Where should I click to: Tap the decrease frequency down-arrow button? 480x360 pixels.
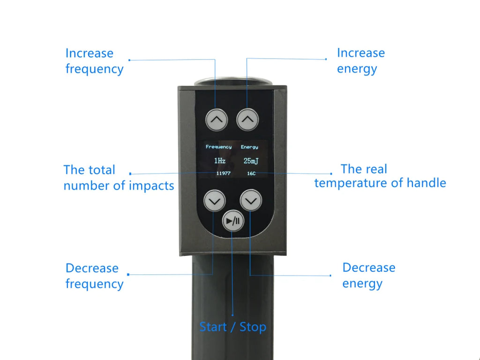(215, 201)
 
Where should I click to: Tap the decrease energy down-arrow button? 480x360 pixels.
(251, 201)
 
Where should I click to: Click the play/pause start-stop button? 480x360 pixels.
(233, 221)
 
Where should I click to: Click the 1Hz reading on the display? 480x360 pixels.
(220, 161)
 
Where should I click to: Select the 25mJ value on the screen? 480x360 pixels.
(251, 161)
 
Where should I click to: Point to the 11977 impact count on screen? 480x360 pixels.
(223, 173)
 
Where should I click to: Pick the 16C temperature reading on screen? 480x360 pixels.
(251, 173)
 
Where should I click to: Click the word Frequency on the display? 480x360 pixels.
(218, 147)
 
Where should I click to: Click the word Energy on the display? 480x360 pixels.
(249, 147)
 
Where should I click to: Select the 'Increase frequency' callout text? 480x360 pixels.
(94, 61)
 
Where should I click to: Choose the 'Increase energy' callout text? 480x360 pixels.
(361, 60)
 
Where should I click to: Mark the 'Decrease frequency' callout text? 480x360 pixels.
(94, 276)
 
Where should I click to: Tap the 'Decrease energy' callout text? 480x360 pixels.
(368, 275)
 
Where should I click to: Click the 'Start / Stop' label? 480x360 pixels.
(232, 327)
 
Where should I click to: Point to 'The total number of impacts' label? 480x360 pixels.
(119, 178)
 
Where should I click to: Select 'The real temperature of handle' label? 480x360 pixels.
(380, 176)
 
